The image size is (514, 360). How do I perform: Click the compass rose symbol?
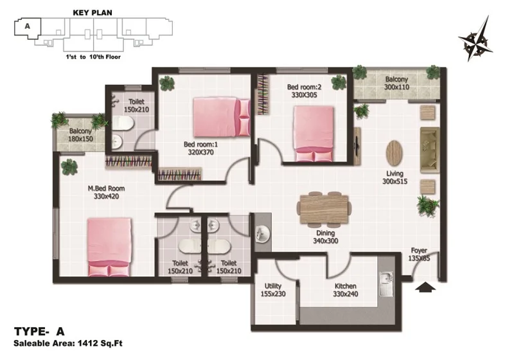[475, 40]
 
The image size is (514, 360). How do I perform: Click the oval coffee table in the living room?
[394, 154]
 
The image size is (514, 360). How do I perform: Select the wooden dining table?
[324, 209]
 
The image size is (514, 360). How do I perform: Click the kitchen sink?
[386, 284]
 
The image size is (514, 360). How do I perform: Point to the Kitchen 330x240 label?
[346, 290]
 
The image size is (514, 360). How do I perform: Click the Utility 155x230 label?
[273, 290]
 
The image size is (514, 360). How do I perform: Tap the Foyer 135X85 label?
[419, 254]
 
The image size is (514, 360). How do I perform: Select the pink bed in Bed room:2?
[314, 134]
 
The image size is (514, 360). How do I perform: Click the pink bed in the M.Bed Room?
[109, 247]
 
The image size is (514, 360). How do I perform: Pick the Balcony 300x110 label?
[396, 83]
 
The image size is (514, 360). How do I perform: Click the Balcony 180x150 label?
[80, 135]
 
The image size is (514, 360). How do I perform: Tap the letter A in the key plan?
[27, 26]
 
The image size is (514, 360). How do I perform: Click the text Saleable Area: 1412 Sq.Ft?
[68, 343]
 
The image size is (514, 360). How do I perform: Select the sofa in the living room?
[430, 150]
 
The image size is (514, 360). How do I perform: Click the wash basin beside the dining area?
[262, 233]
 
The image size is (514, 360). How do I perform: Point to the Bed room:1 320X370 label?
[200, 148]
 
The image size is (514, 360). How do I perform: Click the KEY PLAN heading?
[93, 13]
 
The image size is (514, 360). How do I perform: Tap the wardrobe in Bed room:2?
[263, 94]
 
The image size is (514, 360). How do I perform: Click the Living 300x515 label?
[394, 177]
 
